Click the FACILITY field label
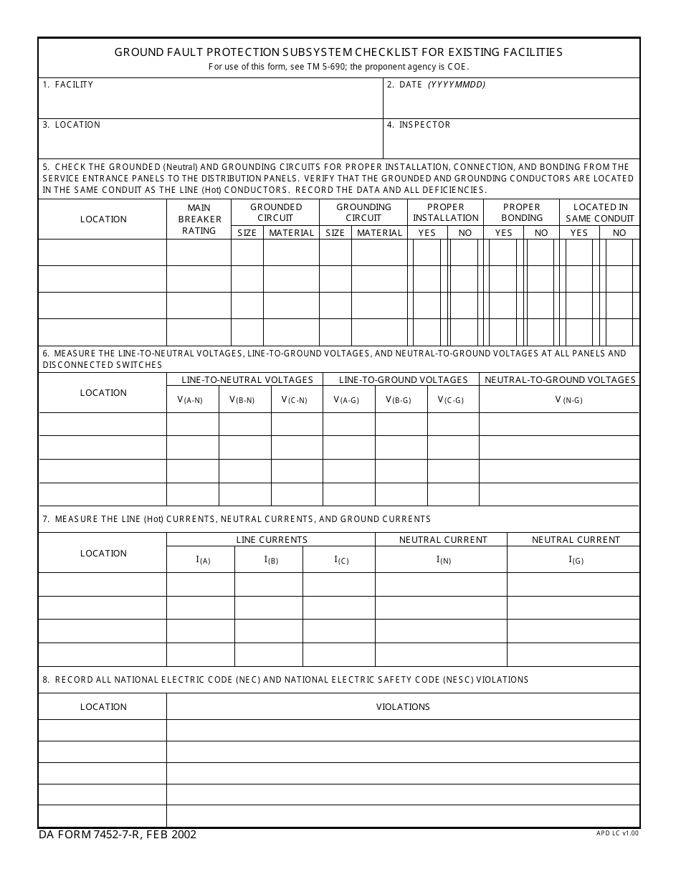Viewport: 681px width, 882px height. tap(74, 85)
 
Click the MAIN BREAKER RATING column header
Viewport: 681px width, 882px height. tap(199, 219)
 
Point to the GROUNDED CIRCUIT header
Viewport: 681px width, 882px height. tap(275, 212)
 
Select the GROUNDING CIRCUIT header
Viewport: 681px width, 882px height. tap(363, 212)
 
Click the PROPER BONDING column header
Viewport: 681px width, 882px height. tap(522, 212)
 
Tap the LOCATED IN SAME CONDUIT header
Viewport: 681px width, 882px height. tap(600, 212)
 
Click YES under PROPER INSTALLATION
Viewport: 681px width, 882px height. tap(427, 232)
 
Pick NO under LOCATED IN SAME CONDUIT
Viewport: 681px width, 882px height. tap(619, 232)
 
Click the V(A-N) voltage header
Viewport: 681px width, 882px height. tap(191, 400)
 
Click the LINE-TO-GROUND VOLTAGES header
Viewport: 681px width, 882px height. tap(403, 379)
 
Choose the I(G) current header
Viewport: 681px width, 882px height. tap(576, 560)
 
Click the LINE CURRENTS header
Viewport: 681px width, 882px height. tap(272, 539)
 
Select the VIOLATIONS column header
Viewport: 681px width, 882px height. tap(403, 706)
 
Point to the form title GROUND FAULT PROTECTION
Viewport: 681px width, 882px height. tap(338, 52)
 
